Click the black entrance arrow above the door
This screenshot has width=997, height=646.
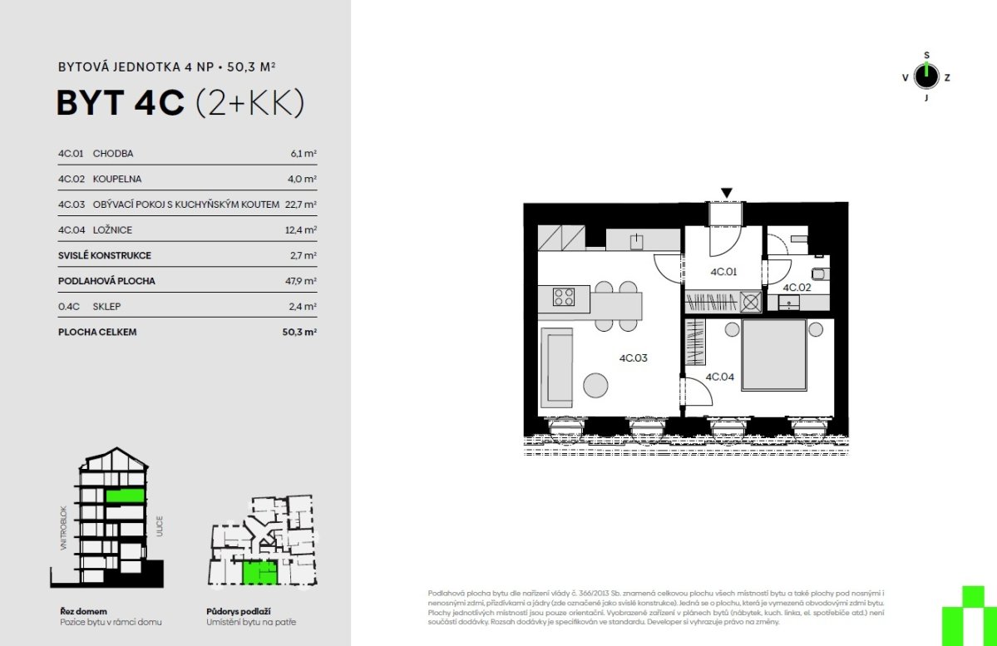pos(727,193)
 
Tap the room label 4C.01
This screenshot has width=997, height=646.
pos(723,272)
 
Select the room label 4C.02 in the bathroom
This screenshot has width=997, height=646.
pos(797,288)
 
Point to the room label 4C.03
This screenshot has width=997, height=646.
pos(634,358)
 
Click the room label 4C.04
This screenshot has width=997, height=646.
pos(720,377)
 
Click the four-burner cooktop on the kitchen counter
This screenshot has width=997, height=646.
pos(563,297)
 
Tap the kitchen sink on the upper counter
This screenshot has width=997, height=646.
pos(636,241)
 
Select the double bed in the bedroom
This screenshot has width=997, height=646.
pos(774,355)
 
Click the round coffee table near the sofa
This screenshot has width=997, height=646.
pos(595,385)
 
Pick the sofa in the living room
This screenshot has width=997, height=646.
pos(556,367)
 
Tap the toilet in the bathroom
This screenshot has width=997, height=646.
pos(821,274)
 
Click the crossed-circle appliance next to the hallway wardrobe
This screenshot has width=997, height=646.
pos(751,301)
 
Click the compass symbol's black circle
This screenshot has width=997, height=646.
pos(926,77)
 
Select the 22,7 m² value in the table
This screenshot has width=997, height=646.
pos(301,204)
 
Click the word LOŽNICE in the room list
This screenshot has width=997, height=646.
pos(112,229)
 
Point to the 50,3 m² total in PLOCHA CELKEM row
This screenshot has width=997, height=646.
pos(299,331)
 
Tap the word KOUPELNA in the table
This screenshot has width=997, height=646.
pos(117,179)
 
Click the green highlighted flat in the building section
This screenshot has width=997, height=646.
pos(126,496)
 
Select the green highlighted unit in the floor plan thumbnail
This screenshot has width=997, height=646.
pos(259,572)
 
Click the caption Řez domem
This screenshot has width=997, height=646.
pos(83,611)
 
